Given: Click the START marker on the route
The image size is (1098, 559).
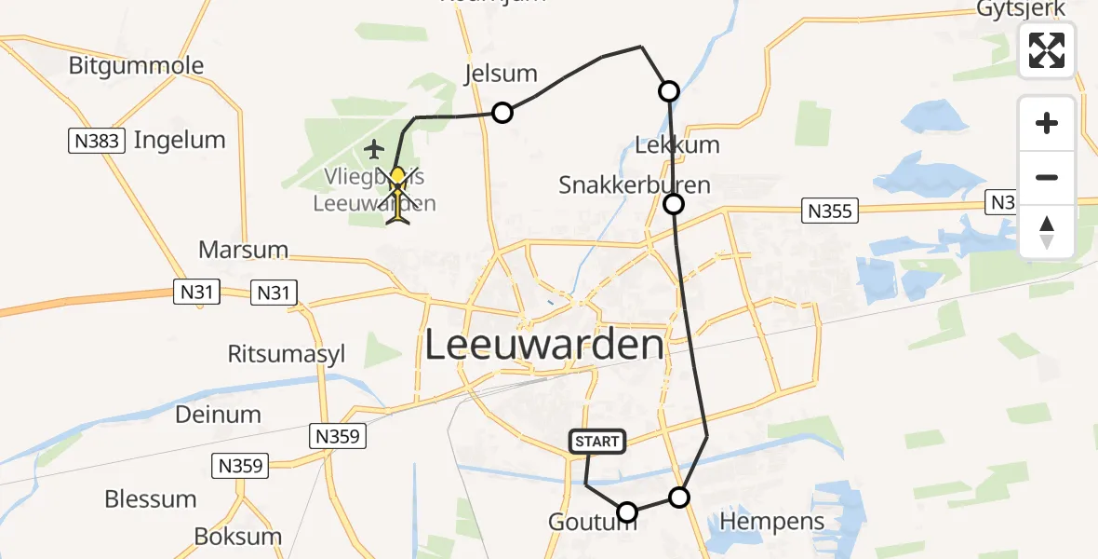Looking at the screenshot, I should coord(596,442).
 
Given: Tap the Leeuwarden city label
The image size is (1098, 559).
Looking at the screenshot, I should coord(544,346).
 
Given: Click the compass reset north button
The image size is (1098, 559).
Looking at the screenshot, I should coord(1047,232).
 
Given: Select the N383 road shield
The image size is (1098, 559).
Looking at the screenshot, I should coord(95,142).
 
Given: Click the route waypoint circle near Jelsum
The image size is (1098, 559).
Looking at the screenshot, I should coord(502,113).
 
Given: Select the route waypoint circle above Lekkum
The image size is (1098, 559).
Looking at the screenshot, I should coord(669,91).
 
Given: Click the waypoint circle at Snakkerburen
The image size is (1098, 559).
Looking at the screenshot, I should coord(674,204).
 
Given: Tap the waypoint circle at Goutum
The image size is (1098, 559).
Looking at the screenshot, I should coord(627,511).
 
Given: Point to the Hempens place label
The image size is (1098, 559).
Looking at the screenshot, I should coord(772,521).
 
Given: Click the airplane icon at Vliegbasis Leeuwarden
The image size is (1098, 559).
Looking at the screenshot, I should coord(375,148).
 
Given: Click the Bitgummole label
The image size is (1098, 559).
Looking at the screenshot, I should coord(136,66).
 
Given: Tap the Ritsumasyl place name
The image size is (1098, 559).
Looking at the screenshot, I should coord(287,354).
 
